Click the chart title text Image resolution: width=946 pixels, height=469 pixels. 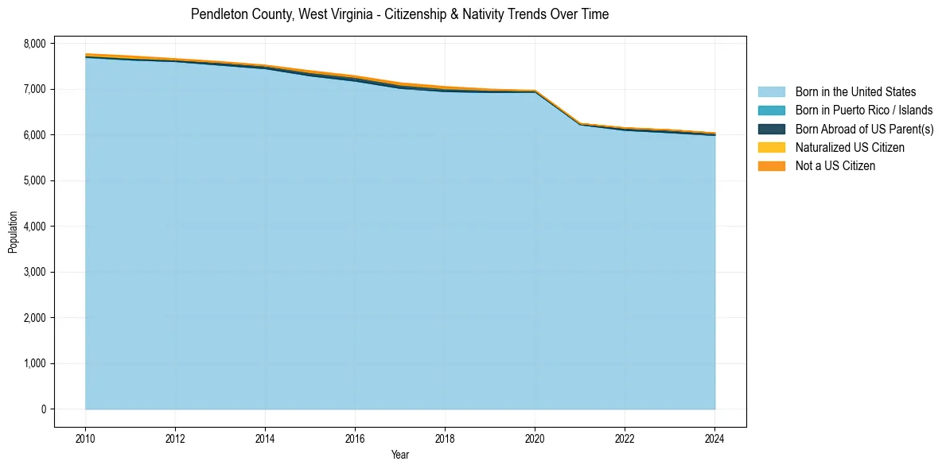click(399, 14)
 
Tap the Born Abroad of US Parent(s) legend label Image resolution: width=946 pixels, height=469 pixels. click(864, 129)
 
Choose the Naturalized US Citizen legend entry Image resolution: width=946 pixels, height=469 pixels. click(850, 148)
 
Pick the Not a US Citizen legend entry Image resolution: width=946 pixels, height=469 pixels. click(835, 166)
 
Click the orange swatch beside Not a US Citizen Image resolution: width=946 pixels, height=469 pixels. click(771, 166)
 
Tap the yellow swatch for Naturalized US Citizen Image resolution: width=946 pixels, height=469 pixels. click(771, 148)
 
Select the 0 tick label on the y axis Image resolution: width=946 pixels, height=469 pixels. click(44, 409)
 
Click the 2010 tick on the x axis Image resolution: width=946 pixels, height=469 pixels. click(85, 438)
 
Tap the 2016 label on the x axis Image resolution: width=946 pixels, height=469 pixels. click(355, 438)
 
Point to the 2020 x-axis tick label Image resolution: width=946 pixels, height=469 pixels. click(535, 438)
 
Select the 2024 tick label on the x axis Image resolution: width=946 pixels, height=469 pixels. click(714, 438)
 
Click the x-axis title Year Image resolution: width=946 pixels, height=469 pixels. click(400, 455)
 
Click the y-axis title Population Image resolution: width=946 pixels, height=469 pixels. click(13, 232)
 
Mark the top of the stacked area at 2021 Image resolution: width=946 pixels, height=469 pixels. click(580, 123)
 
